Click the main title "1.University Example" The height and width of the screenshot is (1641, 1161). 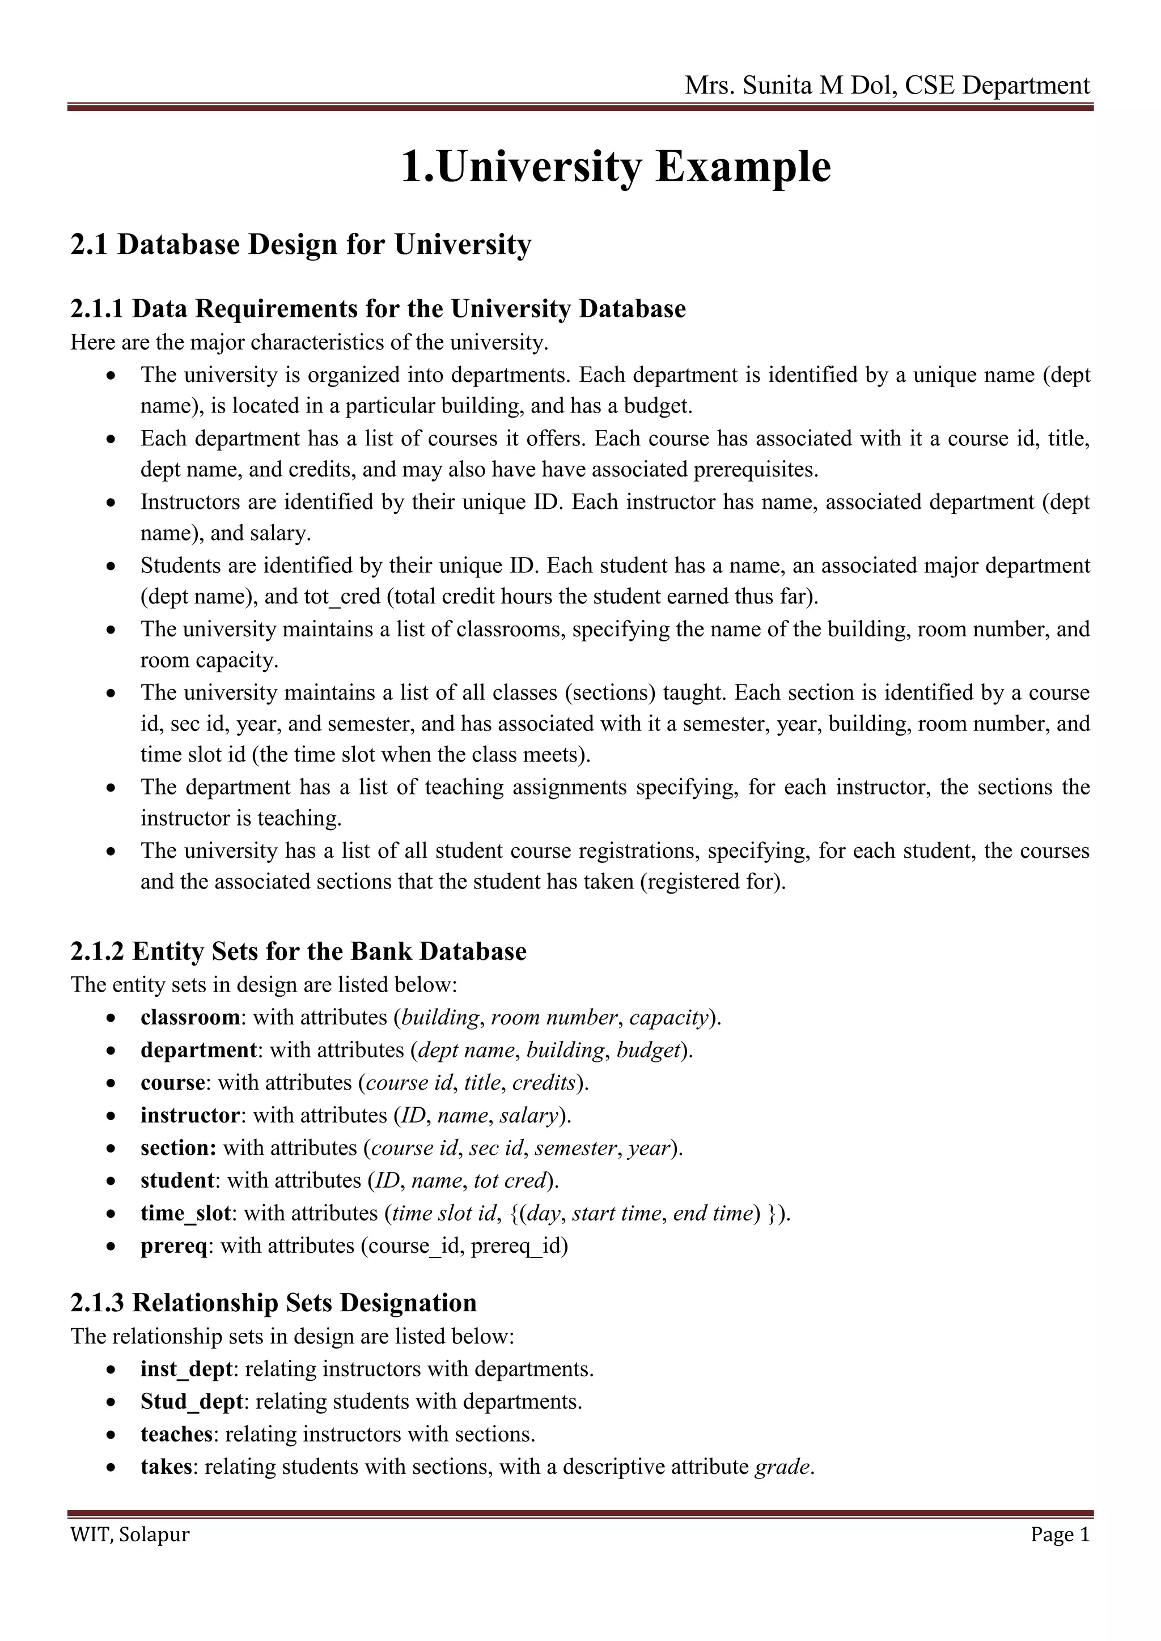(x=616, y=167)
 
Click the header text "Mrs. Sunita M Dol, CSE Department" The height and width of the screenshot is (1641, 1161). (x=887, y=85)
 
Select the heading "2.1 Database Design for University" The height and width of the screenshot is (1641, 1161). (x=301, y=244)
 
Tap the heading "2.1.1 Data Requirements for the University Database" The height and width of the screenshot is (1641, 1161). (x=378, y=309)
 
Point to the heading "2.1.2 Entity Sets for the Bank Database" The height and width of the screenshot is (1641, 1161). (x=298, y=951)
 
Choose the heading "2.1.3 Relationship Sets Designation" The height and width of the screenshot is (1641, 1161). (x=273, y=1302)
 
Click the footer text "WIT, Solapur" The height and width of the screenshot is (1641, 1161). (x=130, y=1534)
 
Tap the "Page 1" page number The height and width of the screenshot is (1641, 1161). (x=1060, y=1534)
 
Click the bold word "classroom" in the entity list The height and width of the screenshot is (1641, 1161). (x=190, y=1017)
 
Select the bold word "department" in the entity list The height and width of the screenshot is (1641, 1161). (x=198, y=1050)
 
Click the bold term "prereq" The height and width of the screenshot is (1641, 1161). (x=173, y=1245)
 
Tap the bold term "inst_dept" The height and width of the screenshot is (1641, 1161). (x=187, y=1368)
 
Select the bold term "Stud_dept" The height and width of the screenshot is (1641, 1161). (x=192, y=1401)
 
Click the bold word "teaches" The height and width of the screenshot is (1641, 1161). (x=176, y=1434)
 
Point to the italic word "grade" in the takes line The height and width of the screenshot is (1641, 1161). (x=783, y=1466)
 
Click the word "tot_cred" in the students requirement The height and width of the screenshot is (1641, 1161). (x=342, y=596)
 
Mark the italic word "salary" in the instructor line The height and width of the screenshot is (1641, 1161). (x=528, y=1115)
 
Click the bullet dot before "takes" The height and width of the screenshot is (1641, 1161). (x=110, y=1467)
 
